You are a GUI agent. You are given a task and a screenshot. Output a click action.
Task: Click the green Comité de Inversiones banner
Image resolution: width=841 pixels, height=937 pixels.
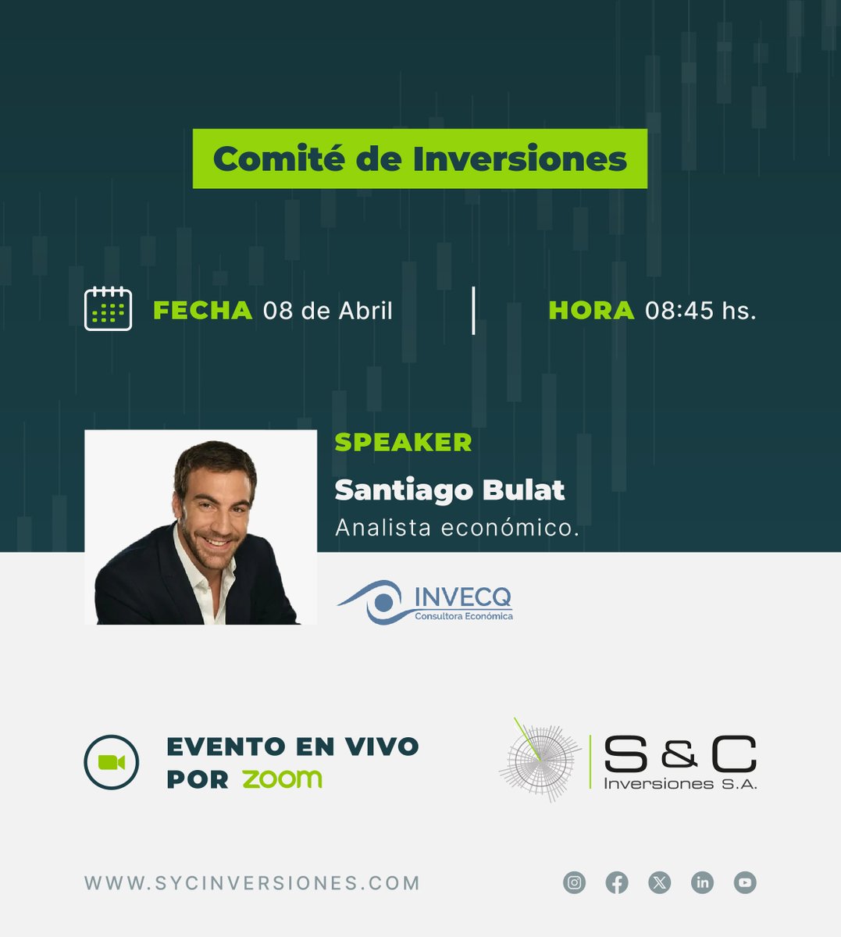pyautogui.click(x=420, y=159)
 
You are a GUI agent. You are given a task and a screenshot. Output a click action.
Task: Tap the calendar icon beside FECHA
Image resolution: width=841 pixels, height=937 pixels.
pyautogui.click(x=108, y=309)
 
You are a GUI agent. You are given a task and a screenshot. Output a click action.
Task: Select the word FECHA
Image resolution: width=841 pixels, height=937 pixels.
pyautogui.click(x=203, y=311)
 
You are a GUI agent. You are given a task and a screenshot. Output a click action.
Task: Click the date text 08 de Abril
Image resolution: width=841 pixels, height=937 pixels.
pyautogui.click(x=328, y=311)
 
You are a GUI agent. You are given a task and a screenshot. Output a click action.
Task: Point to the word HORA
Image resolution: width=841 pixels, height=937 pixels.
pyautogui.click(x=591, y=311)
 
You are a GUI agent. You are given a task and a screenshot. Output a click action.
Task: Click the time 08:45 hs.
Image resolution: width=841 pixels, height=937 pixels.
pyautogui.click(x=700, y=311)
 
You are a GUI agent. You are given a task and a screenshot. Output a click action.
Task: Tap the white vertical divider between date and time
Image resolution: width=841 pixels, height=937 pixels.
pyautogui.click(x=473, y=311)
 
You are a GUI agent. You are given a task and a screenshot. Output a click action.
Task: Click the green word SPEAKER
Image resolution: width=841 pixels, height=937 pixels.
pyautogui.click(x=403, y=442)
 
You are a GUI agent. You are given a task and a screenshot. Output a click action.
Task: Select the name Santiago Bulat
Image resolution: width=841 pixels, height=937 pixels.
pyautogui.click(x=450, y=490)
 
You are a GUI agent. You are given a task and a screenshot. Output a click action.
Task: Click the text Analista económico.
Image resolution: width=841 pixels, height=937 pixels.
pyautogui.click(x=457, y=528)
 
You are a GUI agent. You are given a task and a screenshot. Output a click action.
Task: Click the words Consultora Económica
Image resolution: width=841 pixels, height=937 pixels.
pyautogui.click(x=464, y=616)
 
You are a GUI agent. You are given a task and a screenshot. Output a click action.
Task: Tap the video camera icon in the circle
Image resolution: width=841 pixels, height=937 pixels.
pyautogui.click(x=112, y=762)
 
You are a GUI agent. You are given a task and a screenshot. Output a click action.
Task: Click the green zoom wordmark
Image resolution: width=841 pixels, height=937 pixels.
pyautogui.click(x=282, y=778)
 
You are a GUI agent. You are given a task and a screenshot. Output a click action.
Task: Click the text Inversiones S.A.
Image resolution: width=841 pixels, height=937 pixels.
pyautogui.click(x=680, y=783)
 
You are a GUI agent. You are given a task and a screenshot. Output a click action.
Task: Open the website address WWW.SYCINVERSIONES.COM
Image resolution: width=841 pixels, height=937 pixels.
pyautogui.click(x=252, y=883)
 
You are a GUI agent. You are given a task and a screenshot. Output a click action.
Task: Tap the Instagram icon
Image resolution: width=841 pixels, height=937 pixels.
pyautogui.click(x=575, y=883)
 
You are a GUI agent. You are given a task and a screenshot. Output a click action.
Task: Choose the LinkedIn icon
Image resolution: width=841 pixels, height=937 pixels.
pyautogui.click(x=702, y=883)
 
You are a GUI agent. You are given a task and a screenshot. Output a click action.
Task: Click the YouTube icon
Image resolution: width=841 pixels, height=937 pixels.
pyautogui.click(x=745, y=883)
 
